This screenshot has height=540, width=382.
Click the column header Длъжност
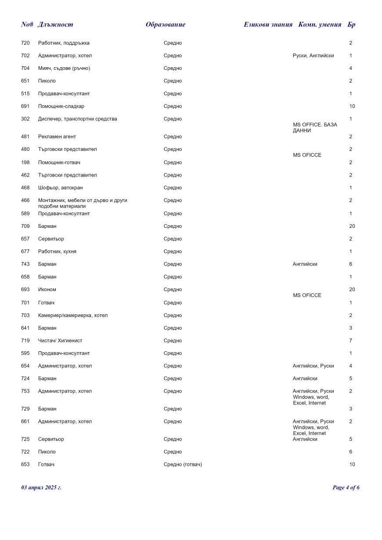tap(55, 25)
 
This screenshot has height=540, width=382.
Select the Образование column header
tap(165, 25)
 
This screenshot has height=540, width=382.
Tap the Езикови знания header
tap(268, 25)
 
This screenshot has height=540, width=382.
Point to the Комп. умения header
tap(320, 25)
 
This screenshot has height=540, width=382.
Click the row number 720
tap(25, 43)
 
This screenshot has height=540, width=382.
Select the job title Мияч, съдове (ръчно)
tap(64, 68)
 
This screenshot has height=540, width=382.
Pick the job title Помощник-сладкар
tap(61, 106)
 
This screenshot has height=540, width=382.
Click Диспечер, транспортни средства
tap(78, 119)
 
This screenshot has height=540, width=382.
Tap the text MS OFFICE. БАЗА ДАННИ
tap(314, 128)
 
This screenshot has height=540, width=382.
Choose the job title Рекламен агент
tap(57, 137)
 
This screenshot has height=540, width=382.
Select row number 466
tap(25, 201)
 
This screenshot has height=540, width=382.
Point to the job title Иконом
tap(47, 290)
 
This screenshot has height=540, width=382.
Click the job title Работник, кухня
tap(57, 252)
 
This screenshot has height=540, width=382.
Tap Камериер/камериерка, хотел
tap(73, 315)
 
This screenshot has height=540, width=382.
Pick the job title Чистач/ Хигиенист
tap(60, 341)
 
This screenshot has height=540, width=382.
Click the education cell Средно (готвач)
tap(183, 464)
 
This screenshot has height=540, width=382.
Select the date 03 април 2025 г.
tap(41, 487)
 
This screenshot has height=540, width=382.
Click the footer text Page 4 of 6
tap(346, 487)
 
